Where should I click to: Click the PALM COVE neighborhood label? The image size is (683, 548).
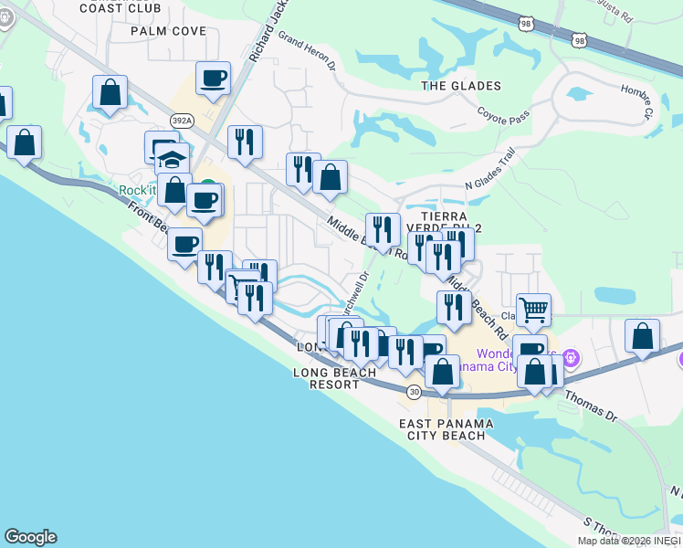click(168, 31)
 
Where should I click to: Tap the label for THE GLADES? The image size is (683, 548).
click(461, 86)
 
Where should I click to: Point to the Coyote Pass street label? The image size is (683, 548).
click(503, 116)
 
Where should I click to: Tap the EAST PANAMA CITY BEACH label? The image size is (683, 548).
click(447, 429)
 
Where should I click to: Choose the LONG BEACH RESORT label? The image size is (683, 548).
click(334, 378)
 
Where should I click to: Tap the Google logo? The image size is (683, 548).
click(30, 537)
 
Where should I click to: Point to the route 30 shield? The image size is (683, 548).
click(415, 392)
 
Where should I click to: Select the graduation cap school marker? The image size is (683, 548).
click(171, 158)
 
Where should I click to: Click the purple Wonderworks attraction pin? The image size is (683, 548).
click(572, 356)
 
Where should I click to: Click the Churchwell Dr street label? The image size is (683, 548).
click(355, 293)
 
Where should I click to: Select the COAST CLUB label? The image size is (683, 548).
click(121, 8)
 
